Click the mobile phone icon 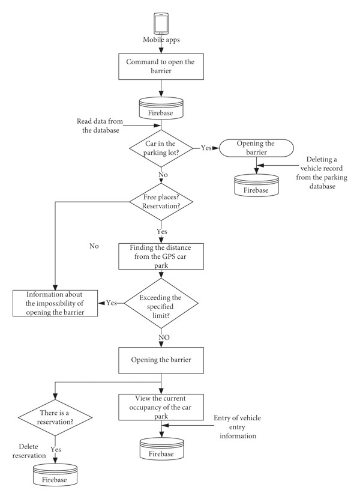(161, 23)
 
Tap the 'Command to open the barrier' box (161, 67)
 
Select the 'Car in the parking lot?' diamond (161, 148)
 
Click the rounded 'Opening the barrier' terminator (256, 148)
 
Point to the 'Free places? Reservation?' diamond (161, 202)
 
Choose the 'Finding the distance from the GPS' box (161, 256)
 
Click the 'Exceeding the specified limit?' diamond (161, 303)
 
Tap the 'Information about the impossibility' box (55, 303)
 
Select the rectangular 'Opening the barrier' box (161, 360)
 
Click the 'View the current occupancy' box (161, 407)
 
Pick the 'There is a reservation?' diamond (55, 417)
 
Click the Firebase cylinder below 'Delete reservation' (55, 474)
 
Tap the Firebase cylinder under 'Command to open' (161, 108)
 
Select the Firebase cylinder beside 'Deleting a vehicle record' (256, 185)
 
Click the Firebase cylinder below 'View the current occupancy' (161, 449)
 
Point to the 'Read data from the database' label (100, 126)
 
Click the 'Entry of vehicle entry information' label (237, 427)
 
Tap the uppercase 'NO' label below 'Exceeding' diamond (164, 337)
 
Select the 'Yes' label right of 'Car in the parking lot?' (206, 148)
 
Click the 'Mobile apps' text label (161, 40)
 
